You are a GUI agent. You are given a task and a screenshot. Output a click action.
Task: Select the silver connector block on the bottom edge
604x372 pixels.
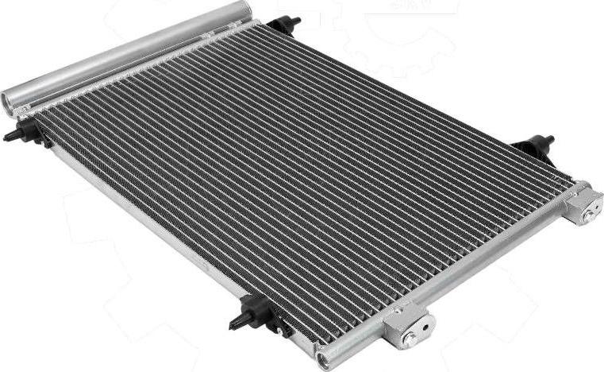[x=408, y=327]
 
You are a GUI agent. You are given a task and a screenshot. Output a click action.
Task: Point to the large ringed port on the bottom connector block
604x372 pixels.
[x=409, y=338]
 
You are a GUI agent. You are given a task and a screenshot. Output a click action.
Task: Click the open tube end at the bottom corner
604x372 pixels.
[x=325, y=360]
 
